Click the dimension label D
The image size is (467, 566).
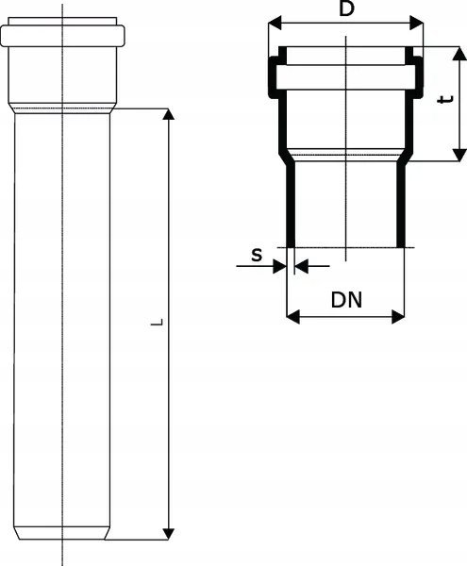click(x=346, y=8)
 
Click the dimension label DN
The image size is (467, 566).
click(x=346, y=300)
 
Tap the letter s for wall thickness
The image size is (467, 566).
click(x=257, y=256)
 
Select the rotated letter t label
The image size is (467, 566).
click(x=445, y=99)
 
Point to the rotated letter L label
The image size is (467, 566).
click(x=157, y=322)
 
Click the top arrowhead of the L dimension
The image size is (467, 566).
click(x=168, y=114)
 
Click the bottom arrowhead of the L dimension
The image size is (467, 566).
click(x=168, y=534)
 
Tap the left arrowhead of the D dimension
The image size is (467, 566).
click(x=275, y=24)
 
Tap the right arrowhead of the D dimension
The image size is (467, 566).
click(x=416, y=24)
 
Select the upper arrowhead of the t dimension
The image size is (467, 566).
click(x=459, y=53)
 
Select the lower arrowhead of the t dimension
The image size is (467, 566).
click(x=459, y=155)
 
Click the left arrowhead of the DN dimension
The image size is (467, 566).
click(x=293, y=317)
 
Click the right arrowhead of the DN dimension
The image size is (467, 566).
click(x=398, y=317)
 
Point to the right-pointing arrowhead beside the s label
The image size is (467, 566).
click(x=279, y=266)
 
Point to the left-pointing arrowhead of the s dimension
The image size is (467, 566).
click(x=302, y=266)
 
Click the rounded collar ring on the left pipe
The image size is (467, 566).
click(x=62, y=36)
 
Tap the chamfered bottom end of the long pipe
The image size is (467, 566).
click(x=61, y=533)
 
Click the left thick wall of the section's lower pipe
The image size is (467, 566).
click(x=291, y=205)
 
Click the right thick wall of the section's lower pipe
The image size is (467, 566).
click(x=401, y=205)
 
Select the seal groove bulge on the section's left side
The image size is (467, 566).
click(x=274, y=77)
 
